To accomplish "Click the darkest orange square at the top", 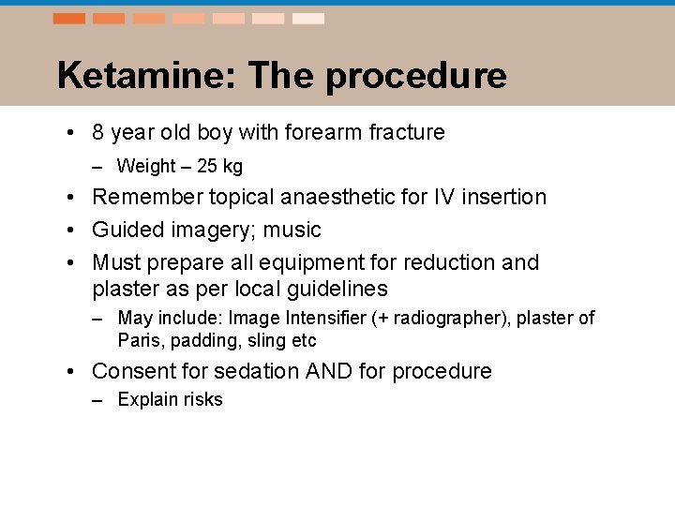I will click(68, 19).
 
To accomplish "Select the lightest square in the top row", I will click(308, 19).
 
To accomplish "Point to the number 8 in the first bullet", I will click(98, 133).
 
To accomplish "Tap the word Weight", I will click(146, 167).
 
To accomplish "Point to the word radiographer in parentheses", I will click(443, 319).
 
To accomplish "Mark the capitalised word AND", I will click(329, 372).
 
